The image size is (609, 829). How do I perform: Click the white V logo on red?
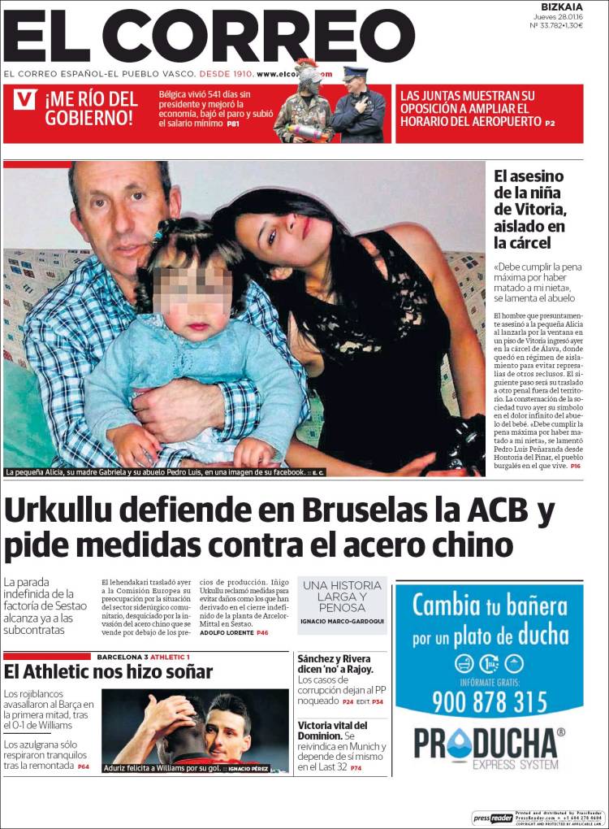[x=26, y=100]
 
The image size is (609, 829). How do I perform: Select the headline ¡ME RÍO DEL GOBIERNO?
[x=91, y=109]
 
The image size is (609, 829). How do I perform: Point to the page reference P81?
[x=233, y=124]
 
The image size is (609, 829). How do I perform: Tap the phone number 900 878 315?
[x=489, y=701]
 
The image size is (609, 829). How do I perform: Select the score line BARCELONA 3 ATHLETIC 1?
[x=143, y=657]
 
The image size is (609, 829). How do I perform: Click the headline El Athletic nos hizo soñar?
[x=108, y=672]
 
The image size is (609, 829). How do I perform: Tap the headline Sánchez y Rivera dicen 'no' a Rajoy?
[x=335, y=664]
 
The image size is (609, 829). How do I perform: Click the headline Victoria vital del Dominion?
[x=333, y=731]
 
